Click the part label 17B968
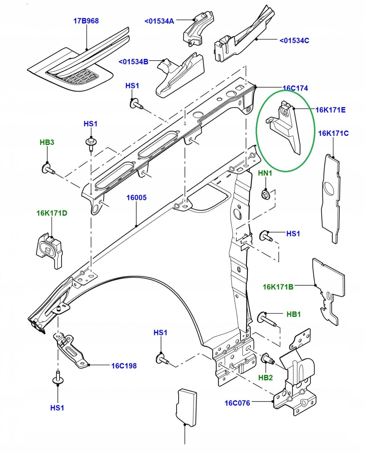[x=86, y=21]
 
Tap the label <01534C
[x=294, y=40]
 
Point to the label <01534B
[x=133, y=61]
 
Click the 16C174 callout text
[x=295, y=88]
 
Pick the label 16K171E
[x=330, y=110]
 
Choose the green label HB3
[x=47, y=142]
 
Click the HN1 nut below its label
[x=265, y=194]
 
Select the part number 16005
[x=136, y=197]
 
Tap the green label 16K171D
[x=52, y=213]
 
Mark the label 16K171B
[x=278, y=287]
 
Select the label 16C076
[x=237, y=403]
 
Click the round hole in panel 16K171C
[x=329, y=188]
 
